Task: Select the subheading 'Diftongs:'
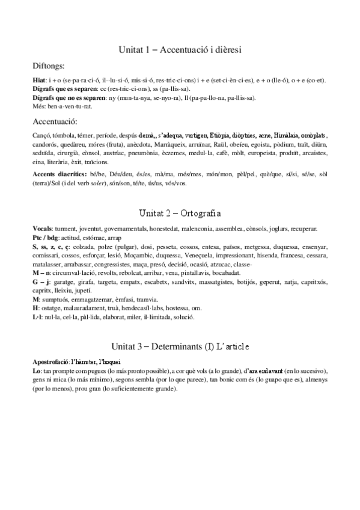tap(49, 66)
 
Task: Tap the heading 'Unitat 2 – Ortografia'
tap(180, 213)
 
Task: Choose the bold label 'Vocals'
tap(42, 229)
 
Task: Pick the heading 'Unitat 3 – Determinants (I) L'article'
tap(180, 347)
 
